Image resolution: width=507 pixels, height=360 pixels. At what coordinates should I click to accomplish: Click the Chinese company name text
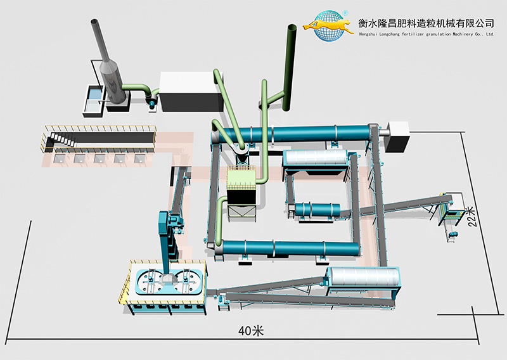pos(426,21)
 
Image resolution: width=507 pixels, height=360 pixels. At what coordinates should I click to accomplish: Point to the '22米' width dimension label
pos(470,215)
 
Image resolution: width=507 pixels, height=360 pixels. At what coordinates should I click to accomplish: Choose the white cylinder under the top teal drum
pos(315,160)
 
